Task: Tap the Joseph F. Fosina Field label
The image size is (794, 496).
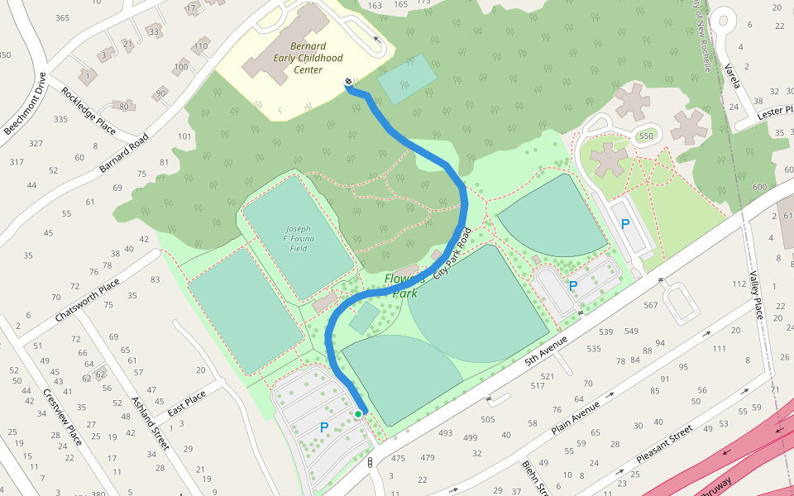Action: pyautogui.click(x=297, y=238)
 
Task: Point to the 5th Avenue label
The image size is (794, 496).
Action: pyautogui.click(x=546, y=347)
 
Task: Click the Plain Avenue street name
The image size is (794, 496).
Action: pyautogui.click(x=574, y=418)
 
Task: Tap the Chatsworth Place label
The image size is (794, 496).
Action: pyautogui.click(x=88, y=300)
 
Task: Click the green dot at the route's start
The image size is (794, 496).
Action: pyautogui.click(x=358, y=413)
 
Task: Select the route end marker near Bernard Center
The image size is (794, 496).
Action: pyautogui.click(x=348, y=82)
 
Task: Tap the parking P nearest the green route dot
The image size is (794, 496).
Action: pyautogui.click(x=324, y=427)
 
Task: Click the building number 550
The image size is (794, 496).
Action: pyautogui.click(x=646, y=136)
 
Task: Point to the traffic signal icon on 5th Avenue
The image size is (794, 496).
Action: pyautogui.click(x=370, y=463)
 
